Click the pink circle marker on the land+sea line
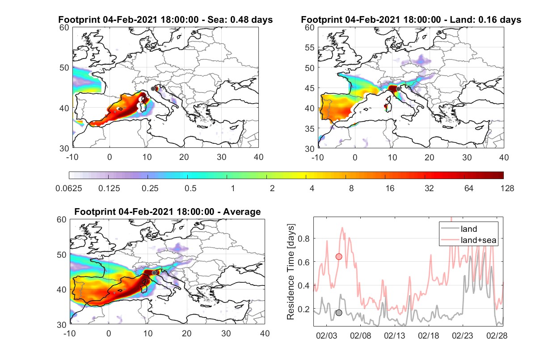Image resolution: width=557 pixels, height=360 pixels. (x=339, y=257)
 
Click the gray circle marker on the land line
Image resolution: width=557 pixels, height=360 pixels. (x=339, y=313)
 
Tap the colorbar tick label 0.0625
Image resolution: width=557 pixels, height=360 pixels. (x=69, y=188)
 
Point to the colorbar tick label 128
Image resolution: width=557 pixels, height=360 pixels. (x=507, y=188)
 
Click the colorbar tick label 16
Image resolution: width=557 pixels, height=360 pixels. (x=390, y=188)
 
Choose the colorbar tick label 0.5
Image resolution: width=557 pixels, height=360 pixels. (x=190, y=188)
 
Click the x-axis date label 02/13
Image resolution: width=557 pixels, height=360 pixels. (x=394, y=335)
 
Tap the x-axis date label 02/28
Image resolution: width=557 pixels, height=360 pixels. (x=497, y=335)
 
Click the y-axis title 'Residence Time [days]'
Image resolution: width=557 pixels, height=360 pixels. (x=291, y=272)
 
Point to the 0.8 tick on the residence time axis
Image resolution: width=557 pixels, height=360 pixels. (x=304, y=239)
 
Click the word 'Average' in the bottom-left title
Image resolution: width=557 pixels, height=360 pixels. (x=242, y=212)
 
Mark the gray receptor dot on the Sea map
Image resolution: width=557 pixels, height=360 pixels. (x=153, y=89)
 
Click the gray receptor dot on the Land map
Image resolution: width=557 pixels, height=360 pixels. (x=398, y=89)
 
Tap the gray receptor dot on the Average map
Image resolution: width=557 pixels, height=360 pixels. (x=154, y=273)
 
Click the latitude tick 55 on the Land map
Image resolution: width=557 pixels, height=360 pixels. (x=310, y=47)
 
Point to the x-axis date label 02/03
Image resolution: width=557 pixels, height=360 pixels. (x=326, y=335)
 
